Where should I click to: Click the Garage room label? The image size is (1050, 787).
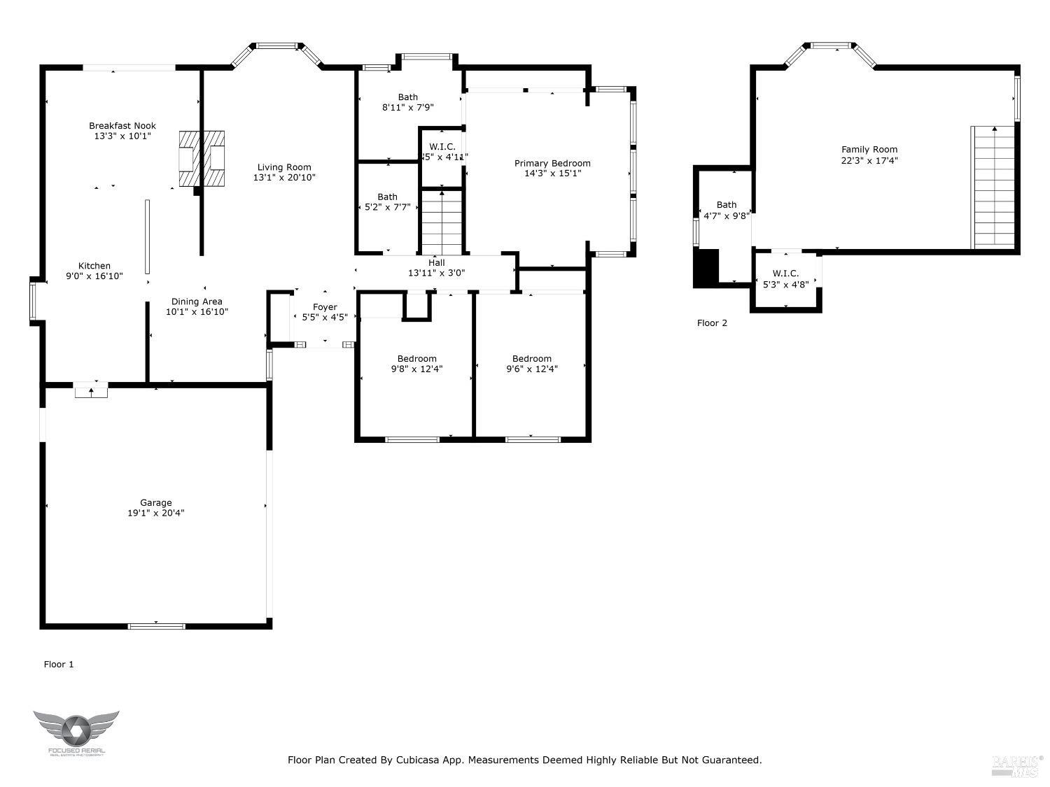pyautogui.click(x=155, y=502)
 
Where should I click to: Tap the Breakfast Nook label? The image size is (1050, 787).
pyautogui.click(x=122, y=126)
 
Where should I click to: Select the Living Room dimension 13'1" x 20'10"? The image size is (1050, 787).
pyautogui.click(x=284, y=178)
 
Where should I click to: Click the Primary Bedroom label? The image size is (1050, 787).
pyautogui.click(x=552, y=163)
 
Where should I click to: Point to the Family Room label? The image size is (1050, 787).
pyautogui.click(x=869, y=149)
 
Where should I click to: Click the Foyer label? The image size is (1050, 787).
pyautogui.click(x=325, y=307)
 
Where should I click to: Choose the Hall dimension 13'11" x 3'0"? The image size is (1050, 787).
pyautogui.click(x=437, y=274)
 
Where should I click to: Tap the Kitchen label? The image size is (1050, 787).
pyautogui.click(x=94, y=266)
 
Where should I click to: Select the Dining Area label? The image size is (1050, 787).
pyautogui.click(x=197, y=302)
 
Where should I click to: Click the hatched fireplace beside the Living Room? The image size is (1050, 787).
pyautogui.click(x=202, y=159)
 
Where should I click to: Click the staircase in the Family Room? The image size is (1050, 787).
pyautogui.click(x=993, y=187)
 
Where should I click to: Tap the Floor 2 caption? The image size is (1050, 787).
pyautogui.click(x=712, y=323)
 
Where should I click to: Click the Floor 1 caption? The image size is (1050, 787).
pyautogui.click(x=59, y=665)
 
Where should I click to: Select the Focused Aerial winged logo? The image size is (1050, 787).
pyautogui.click(x=76, y=731)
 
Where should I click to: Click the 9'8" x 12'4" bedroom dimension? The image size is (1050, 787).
pyautogui.click(x=416, y=369)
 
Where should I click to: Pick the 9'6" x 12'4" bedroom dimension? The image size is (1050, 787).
pyautogui.click(x=532, y=369)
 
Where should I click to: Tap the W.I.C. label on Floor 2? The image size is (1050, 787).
pyautogui.click(x=785, y=274)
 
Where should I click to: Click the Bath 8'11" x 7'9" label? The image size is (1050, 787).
pyautogui.click(x=408, y=97)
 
